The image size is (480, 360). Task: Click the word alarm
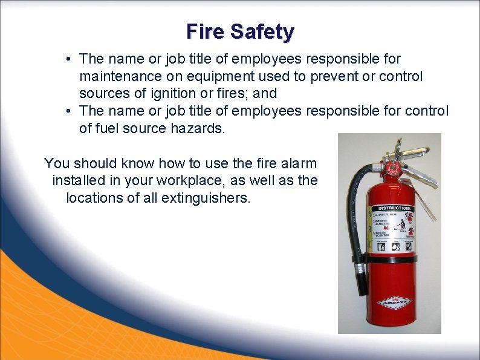click(x=296, y=163)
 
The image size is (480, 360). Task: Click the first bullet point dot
click(x=71, y=59)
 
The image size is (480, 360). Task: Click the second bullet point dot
click(x=71, y=111)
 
